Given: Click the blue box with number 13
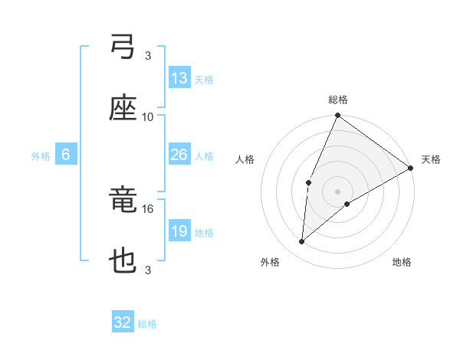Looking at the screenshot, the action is [179, 77].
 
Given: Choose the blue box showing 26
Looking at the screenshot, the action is [179, 155].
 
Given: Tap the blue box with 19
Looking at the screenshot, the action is [179, 231].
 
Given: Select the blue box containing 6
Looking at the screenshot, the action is [66, 155].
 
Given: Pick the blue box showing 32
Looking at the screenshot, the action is [123, 322].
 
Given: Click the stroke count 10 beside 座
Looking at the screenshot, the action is [148, 116].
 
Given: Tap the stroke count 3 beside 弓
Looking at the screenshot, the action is [148, 55].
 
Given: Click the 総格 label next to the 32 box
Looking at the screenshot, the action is [147, 324].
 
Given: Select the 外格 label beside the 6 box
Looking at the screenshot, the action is [41, 156].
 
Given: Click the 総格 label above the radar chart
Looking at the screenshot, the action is [338, 100].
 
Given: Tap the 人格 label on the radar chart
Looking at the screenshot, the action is [245, 159].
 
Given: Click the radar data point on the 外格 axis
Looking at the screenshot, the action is [302, 242].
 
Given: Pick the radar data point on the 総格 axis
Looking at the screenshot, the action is [338, 116].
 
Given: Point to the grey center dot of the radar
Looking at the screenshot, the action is [338, 191].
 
